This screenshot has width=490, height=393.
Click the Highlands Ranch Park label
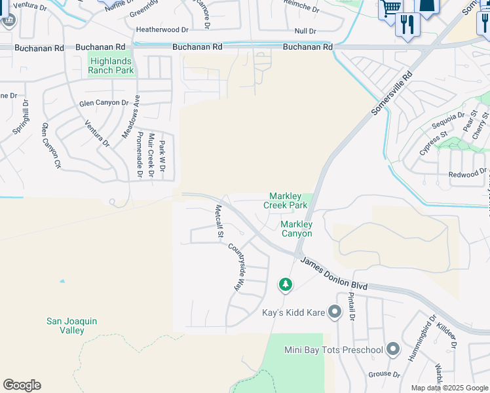[111, 65]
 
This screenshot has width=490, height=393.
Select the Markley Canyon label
[296, 229]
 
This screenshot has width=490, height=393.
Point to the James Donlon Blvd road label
[334, 273]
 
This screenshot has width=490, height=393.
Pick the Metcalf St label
[220, 221]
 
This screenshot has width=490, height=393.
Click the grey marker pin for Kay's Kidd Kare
[335, 312]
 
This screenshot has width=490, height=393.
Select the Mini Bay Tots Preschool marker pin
[393, 349]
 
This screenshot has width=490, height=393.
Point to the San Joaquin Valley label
[71, 326]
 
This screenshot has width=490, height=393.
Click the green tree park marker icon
[285, 284]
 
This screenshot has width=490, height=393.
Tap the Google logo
[22, 385]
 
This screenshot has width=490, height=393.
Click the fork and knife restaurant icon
[407, 25]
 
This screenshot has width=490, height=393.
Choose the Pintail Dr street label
[351, 306]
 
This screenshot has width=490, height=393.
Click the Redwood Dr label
[466, 174]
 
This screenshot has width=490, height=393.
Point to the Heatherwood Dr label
[162, 29]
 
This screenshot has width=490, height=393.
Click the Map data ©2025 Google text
[449, 388]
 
